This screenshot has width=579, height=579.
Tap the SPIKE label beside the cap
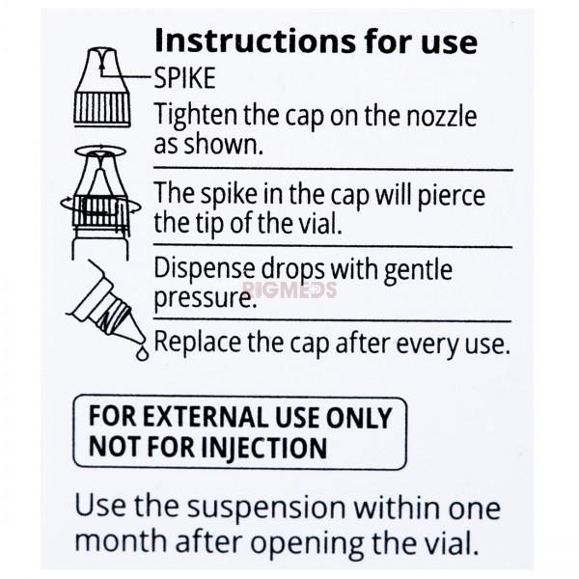184,78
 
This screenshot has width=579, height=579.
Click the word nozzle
441,117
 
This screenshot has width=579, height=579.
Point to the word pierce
451,196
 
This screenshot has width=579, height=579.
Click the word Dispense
204,269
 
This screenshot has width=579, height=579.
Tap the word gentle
418,270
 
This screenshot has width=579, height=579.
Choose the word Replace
198,343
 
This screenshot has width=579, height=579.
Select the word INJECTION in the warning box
263,447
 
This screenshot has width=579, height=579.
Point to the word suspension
266,509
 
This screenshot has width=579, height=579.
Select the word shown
224,144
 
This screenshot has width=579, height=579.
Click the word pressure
205,299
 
